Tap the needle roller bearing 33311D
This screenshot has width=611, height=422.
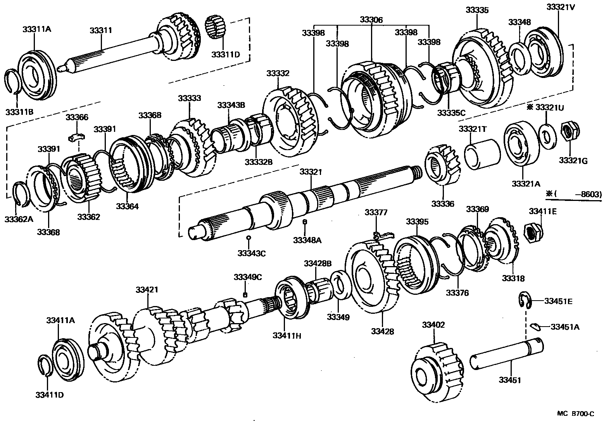tap(216, 28)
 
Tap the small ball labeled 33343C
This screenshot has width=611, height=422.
tap(249, 237)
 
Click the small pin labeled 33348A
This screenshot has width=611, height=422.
tap(305, 222)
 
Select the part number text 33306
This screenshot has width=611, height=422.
tap(371, 19)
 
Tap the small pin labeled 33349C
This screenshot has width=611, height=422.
tap(245, 294)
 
